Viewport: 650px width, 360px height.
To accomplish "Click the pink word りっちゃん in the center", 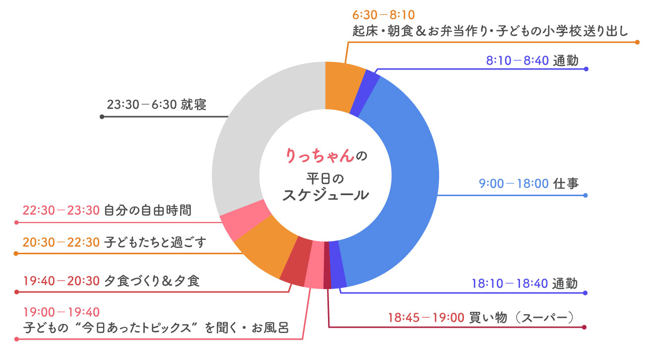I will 321,155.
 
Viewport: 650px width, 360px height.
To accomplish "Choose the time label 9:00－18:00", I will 513,184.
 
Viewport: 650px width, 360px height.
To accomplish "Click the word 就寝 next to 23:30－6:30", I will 194,105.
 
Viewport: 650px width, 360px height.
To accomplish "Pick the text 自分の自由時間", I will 147,211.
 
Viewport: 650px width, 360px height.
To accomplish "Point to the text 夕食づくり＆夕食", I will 152,282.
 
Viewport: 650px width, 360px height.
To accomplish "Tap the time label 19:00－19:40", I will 62,312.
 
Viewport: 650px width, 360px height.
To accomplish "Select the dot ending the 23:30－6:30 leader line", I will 102,117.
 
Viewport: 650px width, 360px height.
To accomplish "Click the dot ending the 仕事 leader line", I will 586,195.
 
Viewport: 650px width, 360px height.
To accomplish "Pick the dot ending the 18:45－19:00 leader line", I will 585,327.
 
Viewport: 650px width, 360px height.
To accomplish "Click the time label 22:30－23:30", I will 62,211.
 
